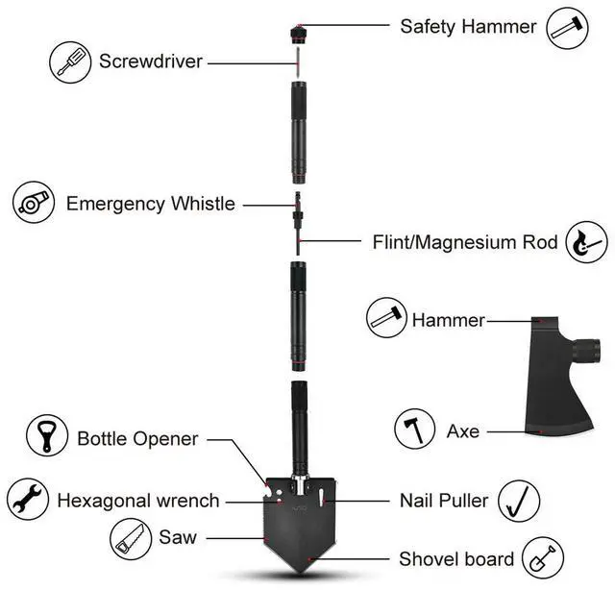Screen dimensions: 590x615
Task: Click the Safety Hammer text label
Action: pos(468,26)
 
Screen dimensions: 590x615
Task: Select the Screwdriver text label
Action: pos(151,62)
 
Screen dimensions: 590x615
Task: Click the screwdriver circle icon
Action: pos(70,62)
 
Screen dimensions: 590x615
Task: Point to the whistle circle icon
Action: pos(34,203)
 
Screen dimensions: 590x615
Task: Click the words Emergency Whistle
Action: pos(150,204)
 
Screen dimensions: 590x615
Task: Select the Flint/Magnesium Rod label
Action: pos(465,242)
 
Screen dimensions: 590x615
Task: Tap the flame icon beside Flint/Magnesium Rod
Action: pos(587,241)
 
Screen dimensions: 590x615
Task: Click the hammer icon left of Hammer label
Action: pos(388,318)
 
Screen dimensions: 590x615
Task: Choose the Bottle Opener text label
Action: pos(137,439)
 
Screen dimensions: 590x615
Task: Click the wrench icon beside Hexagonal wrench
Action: pos(27,501)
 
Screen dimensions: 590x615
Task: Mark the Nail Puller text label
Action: pos(443,501)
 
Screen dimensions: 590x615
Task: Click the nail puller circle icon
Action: pos(518,501)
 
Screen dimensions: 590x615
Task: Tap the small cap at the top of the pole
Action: pos(298,36)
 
